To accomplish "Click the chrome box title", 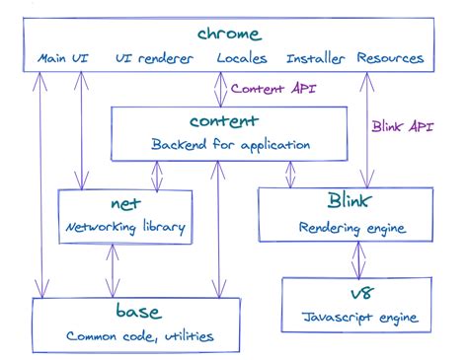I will click(x=229, y=35).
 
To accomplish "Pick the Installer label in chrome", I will click(x=315, y=59).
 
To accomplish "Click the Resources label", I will click(x=390, y=59).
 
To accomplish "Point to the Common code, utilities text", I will click(x=138, y=336).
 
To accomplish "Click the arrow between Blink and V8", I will click(x=358, y=260).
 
